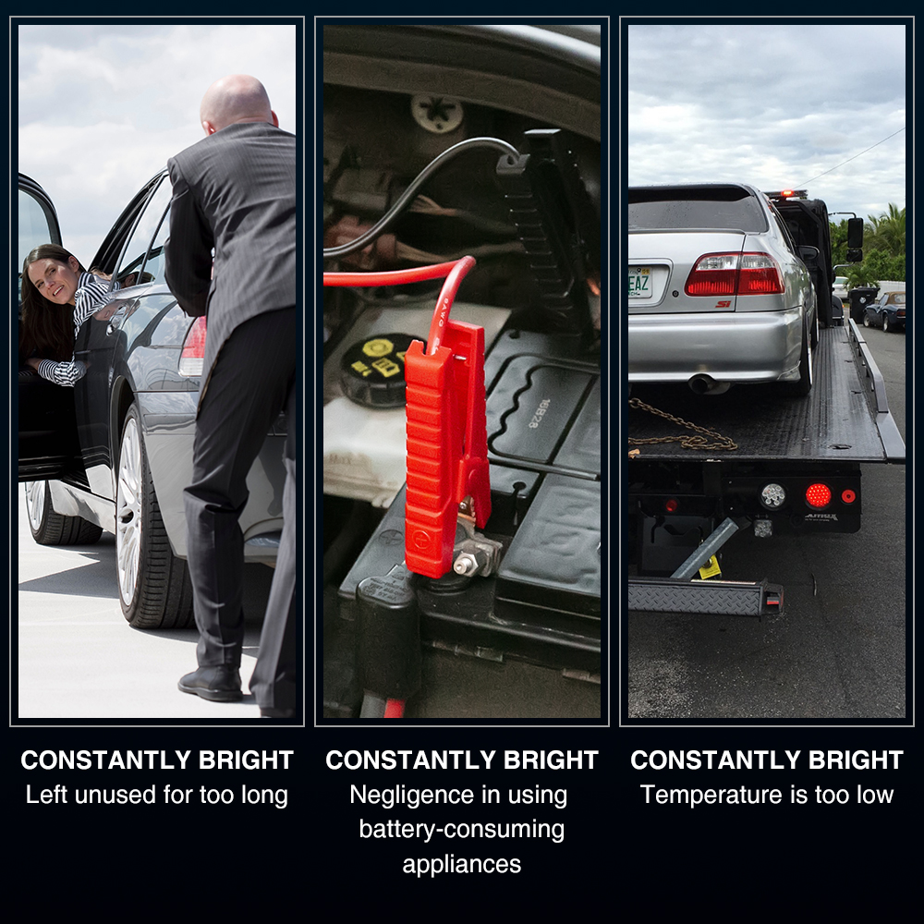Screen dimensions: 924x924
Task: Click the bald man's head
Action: click(x=237, y=104)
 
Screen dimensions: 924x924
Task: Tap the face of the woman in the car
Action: click(x=55, y=280)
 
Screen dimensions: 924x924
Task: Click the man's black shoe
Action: click(x=211, y=684)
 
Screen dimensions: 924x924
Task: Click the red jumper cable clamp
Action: click(x=446, y=448)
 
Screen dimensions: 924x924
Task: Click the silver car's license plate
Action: click(x=641, y=282)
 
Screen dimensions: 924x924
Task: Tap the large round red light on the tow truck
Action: click(x=818, y=495)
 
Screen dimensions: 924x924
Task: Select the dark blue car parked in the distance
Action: click(x=884, y=310)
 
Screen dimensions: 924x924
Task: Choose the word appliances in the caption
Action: click(x=462, y=865)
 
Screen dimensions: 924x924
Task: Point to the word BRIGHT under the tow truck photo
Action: click(x=856, y=760)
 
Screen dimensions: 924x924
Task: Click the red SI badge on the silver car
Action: click(x=723, y=304)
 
